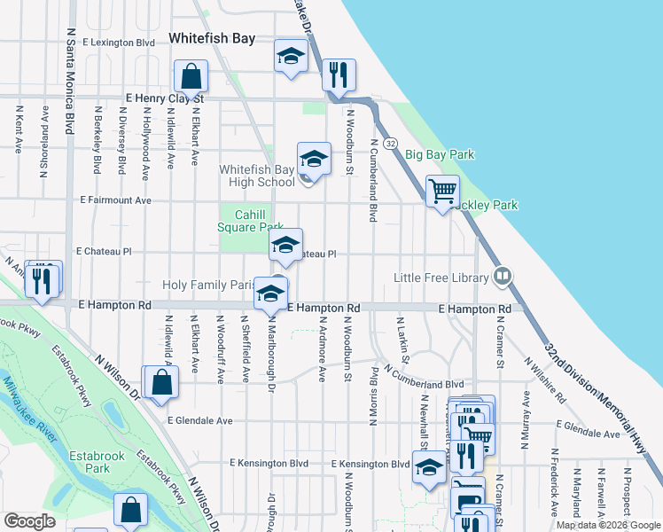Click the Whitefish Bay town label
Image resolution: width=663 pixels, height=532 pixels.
(x=212, y=39)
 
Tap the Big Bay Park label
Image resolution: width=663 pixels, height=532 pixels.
(x=441, y=154)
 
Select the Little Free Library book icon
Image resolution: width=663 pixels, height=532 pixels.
(x=503, y=277)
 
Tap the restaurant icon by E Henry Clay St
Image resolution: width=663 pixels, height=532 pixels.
(x=337, y=74)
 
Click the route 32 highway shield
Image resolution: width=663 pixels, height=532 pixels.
(x=391, y=142)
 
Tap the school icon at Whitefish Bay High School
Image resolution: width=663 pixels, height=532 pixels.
(x=313, y=160)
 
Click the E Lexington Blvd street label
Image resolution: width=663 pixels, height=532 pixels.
(x=119, y=42)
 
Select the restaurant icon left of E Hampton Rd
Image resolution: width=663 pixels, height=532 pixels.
(x=43, y=278)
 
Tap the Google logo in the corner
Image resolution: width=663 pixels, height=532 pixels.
(x=30, y=521)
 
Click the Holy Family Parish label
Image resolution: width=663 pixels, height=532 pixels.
(x=209, y=286)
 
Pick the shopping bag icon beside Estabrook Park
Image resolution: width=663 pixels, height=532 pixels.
(x=130, y=512)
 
